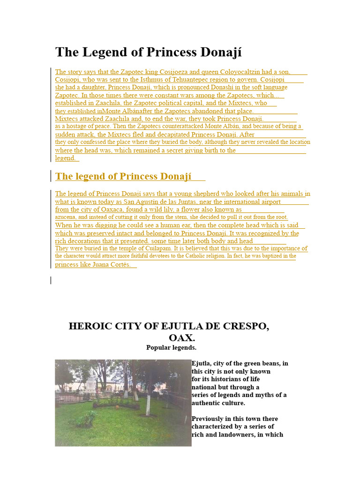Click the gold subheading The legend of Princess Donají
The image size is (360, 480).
(123, 176)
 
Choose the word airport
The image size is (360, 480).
(269, 202)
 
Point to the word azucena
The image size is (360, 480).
(66, 217)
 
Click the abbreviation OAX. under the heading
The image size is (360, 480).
(182, 337)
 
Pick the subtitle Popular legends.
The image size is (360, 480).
(171, 348)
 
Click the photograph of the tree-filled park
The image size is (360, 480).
(123, 403)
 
